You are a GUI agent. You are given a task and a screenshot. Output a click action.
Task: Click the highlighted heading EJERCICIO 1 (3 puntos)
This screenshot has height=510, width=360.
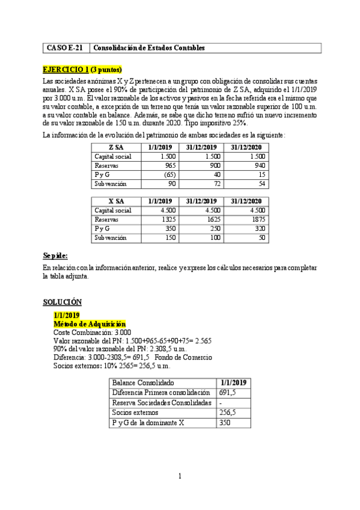[82, 69]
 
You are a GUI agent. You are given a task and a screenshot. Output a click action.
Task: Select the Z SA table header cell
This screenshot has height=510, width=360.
[116, 147]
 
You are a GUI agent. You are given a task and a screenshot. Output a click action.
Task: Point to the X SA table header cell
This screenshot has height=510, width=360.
[116, 201]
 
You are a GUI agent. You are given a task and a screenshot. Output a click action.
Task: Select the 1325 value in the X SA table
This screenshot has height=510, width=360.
[165, 220]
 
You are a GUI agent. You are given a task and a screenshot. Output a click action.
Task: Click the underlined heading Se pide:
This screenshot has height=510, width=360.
[55, 255]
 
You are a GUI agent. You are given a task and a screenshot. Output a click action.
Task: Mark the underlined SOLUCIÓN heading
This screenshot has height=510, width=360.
[63, 301]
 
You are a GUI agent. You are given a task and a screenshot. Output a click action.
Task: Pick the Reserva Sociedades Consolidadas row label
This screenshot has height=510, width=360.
[162, 402]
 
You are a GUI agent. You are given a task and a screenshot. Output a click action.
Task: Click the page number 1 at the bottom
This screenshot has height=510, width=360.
[180, 477]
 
